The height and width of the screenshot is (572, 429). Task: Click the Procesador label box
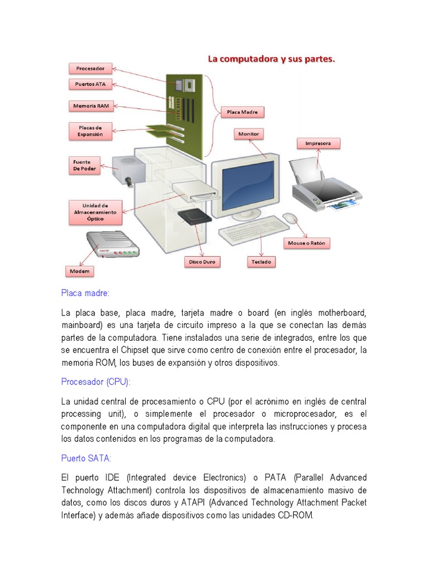pos(90,69)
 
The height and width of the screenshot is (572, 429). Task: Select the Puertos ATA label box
pos(90,84)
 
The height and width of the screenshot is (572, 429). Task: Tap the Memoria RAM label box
pos(91,106)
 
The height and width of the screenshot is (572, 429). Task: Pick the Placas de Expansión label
pos(90,131)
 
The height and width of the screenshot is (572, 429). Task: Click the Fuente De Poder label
pos(84,165)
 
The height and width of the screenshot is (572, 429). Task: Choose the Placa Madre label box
pos(242,112)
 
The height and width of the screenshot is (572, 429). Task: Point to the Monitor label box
pos(249,135)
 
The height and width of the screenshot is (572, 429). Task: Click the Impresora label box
pos(318,144)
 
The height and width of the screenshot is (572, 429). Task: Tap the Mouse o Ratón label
pos(307,243)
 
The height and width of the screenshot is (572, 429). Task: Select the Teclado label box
pos(261,261)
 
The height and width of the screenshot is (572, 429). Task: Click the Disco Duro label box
pos(202,261)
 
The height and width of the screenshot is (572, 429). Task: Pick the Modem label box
pos(79,271)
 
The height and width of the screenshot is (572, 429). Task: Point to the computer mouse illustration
pos(290,218)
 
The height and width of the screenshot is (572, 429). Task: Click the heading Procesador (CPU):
pos(95,382)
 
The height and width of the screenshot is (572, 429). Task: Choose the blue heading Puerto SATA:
pos(86,458)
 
